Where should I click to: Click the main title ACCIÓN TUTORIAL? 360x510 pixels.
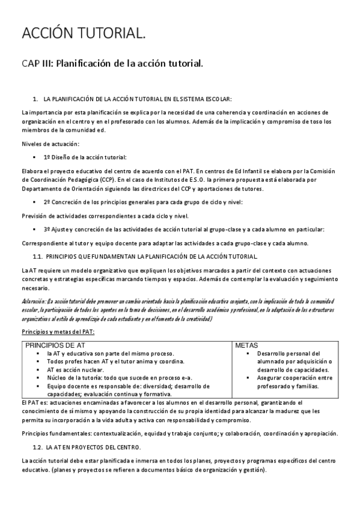tap(83, 35)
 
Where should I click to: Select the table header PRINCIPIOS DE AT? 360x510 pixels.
tap(55, 346)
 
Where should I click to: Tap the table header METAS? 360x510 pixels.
tap(246, 346)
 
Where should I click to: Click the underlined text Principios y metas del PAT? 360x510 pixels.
tap(58, 331)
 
